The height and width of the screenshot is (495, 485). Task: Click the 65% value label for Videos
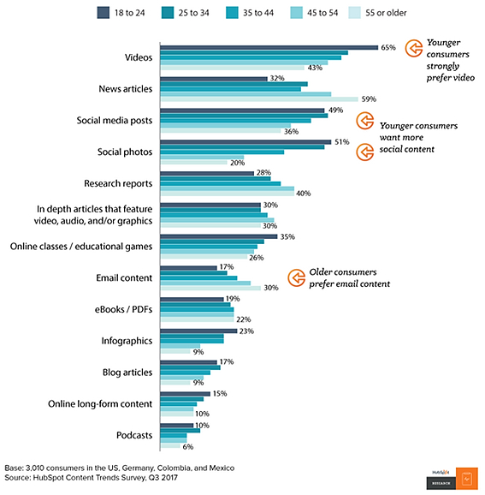point(388,48)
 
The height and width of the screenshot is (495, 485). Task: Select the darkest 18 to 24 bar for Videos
point(269,48)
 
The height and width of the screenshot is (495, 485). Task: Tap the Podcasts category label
point(133,435)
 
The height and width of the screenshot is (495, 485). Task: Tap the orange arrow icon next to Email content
point(296,277)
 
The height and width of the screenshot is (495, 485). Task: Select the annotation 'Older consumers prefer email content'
point(352,277)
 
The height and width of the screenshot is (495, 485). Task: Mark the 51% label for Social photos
point(340,142)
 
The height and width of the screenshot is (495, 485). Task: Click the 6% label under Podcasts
point(187,446)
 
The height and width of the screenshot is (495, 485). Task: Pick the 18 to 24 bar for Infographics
point(198,331)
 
